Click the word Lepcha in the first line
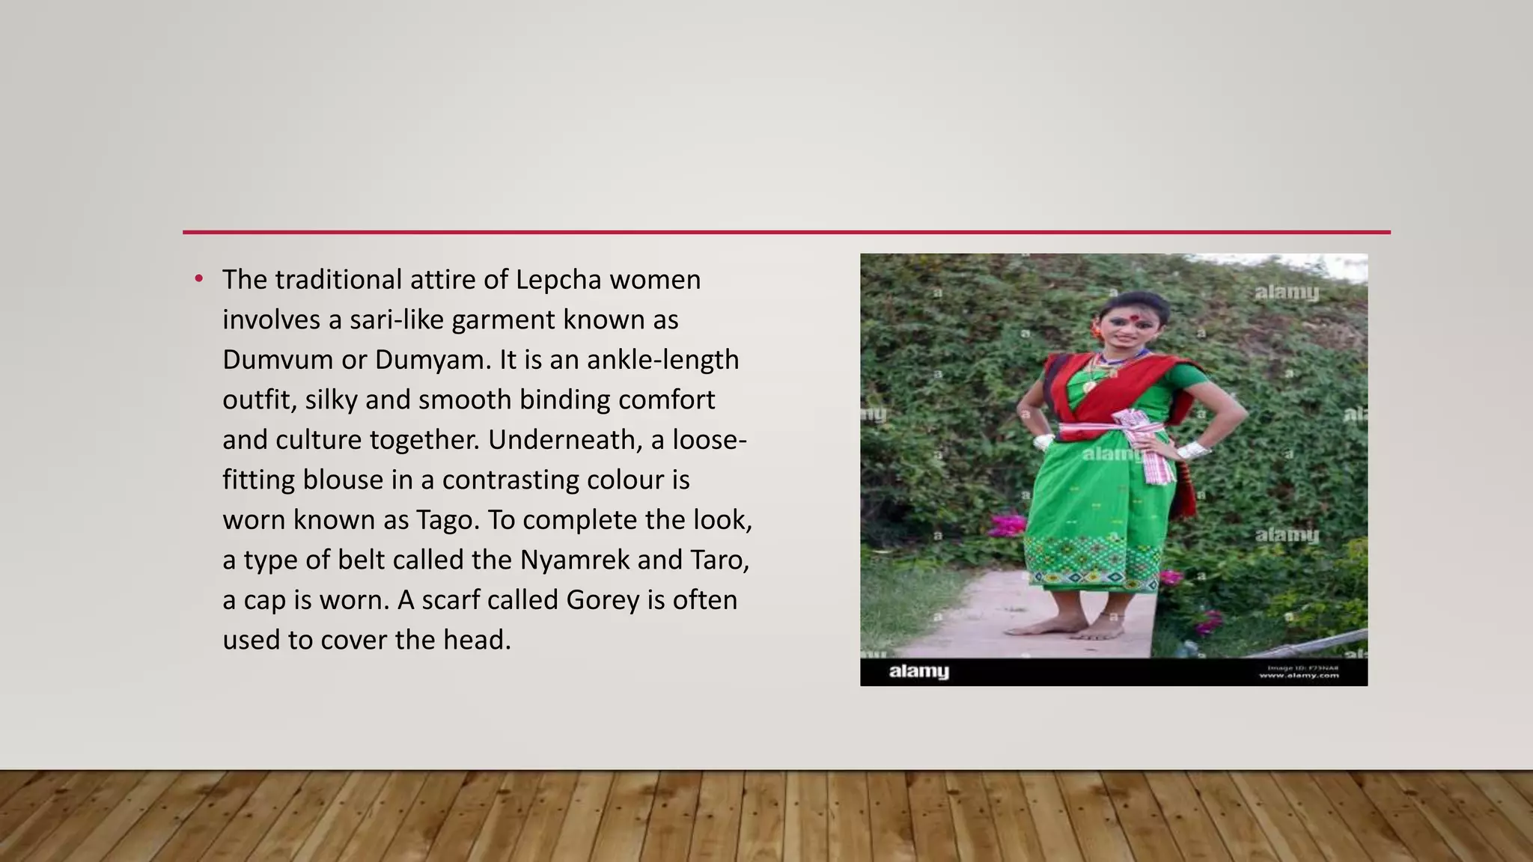[x=558, y=280]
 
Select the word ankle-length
[x=662, y=360]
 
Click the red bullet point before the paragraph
[x=198, y=280]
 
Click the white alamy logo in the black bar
[x=918, y=671]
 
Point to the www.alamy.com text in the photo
[x=1299, y=676]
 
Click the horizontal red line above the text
[x=786, y=232]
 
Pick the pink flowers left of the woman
[x=1007, y=524]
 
